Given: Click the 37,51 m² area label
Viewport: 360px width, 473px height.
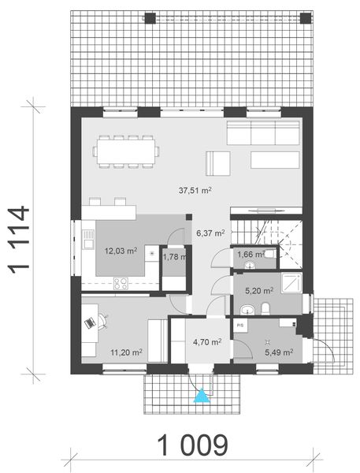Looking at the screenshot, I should pyautogui.click(x=196, y=190).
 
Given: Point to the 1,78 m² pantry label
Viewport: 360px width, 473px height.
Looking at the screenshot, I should pyautogui.click(x=174, y=256).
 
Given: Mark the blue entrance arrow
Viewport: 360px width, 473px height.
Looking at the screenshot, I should pyautogui.click(x=202, y=395).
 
